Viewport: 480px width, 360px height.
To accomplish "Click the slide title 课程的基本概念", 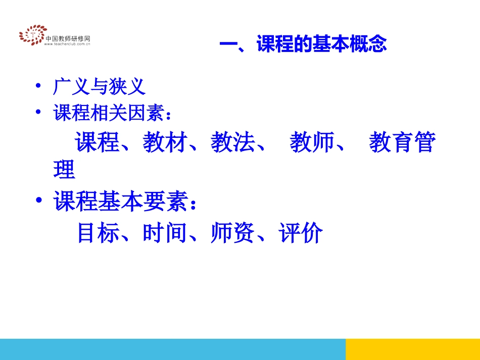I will (x=303, y=44).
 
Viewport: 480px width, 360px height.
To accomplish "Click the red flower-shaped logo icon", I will (x=32, y=34).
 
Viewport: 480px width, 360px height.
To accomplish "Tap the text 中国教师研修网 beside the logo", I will (x=68, y=38).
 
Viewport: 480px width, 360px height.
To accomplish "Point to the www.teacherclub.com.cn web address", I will (x=67, y=44).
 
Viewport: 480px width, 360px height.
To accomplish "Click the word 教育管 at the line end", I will (x=402, y=143).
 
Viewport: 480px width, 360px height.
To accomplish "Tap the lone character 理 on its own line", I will (x=64, y=170).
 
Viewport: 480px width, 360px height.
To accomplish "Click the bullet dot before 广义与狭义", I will (x=38, y=87).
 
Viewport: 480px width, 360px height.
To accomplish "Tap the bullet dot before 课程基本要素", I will (x=38, y=202).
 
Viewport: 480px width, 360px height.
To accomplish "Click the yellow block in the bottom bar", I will (x=412, y=349).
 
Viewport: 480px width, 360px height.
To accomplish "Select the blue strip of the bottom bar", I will (x=172, y=349).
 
